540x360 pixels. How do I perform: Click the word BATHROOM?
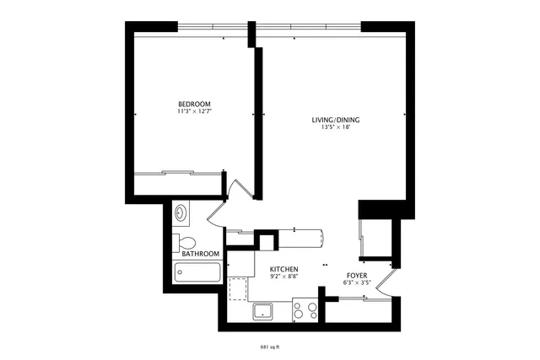coord(201,254)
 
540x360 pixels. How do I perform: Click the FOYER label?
coord(357,276)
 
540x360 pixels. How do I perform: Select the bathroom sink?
coord(181,213)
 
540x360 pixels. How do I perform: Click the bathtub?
coord(197,272)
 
